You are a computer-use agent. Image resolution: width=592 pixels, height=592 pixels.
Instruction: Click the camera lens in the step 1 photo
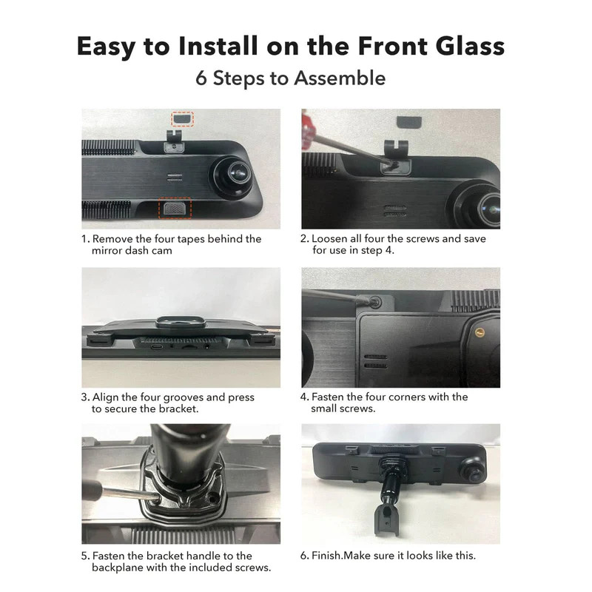click(235, 172)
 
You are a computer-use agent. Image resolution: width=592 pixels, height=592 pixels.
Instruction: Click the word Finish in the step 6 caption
click(328, 556)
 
